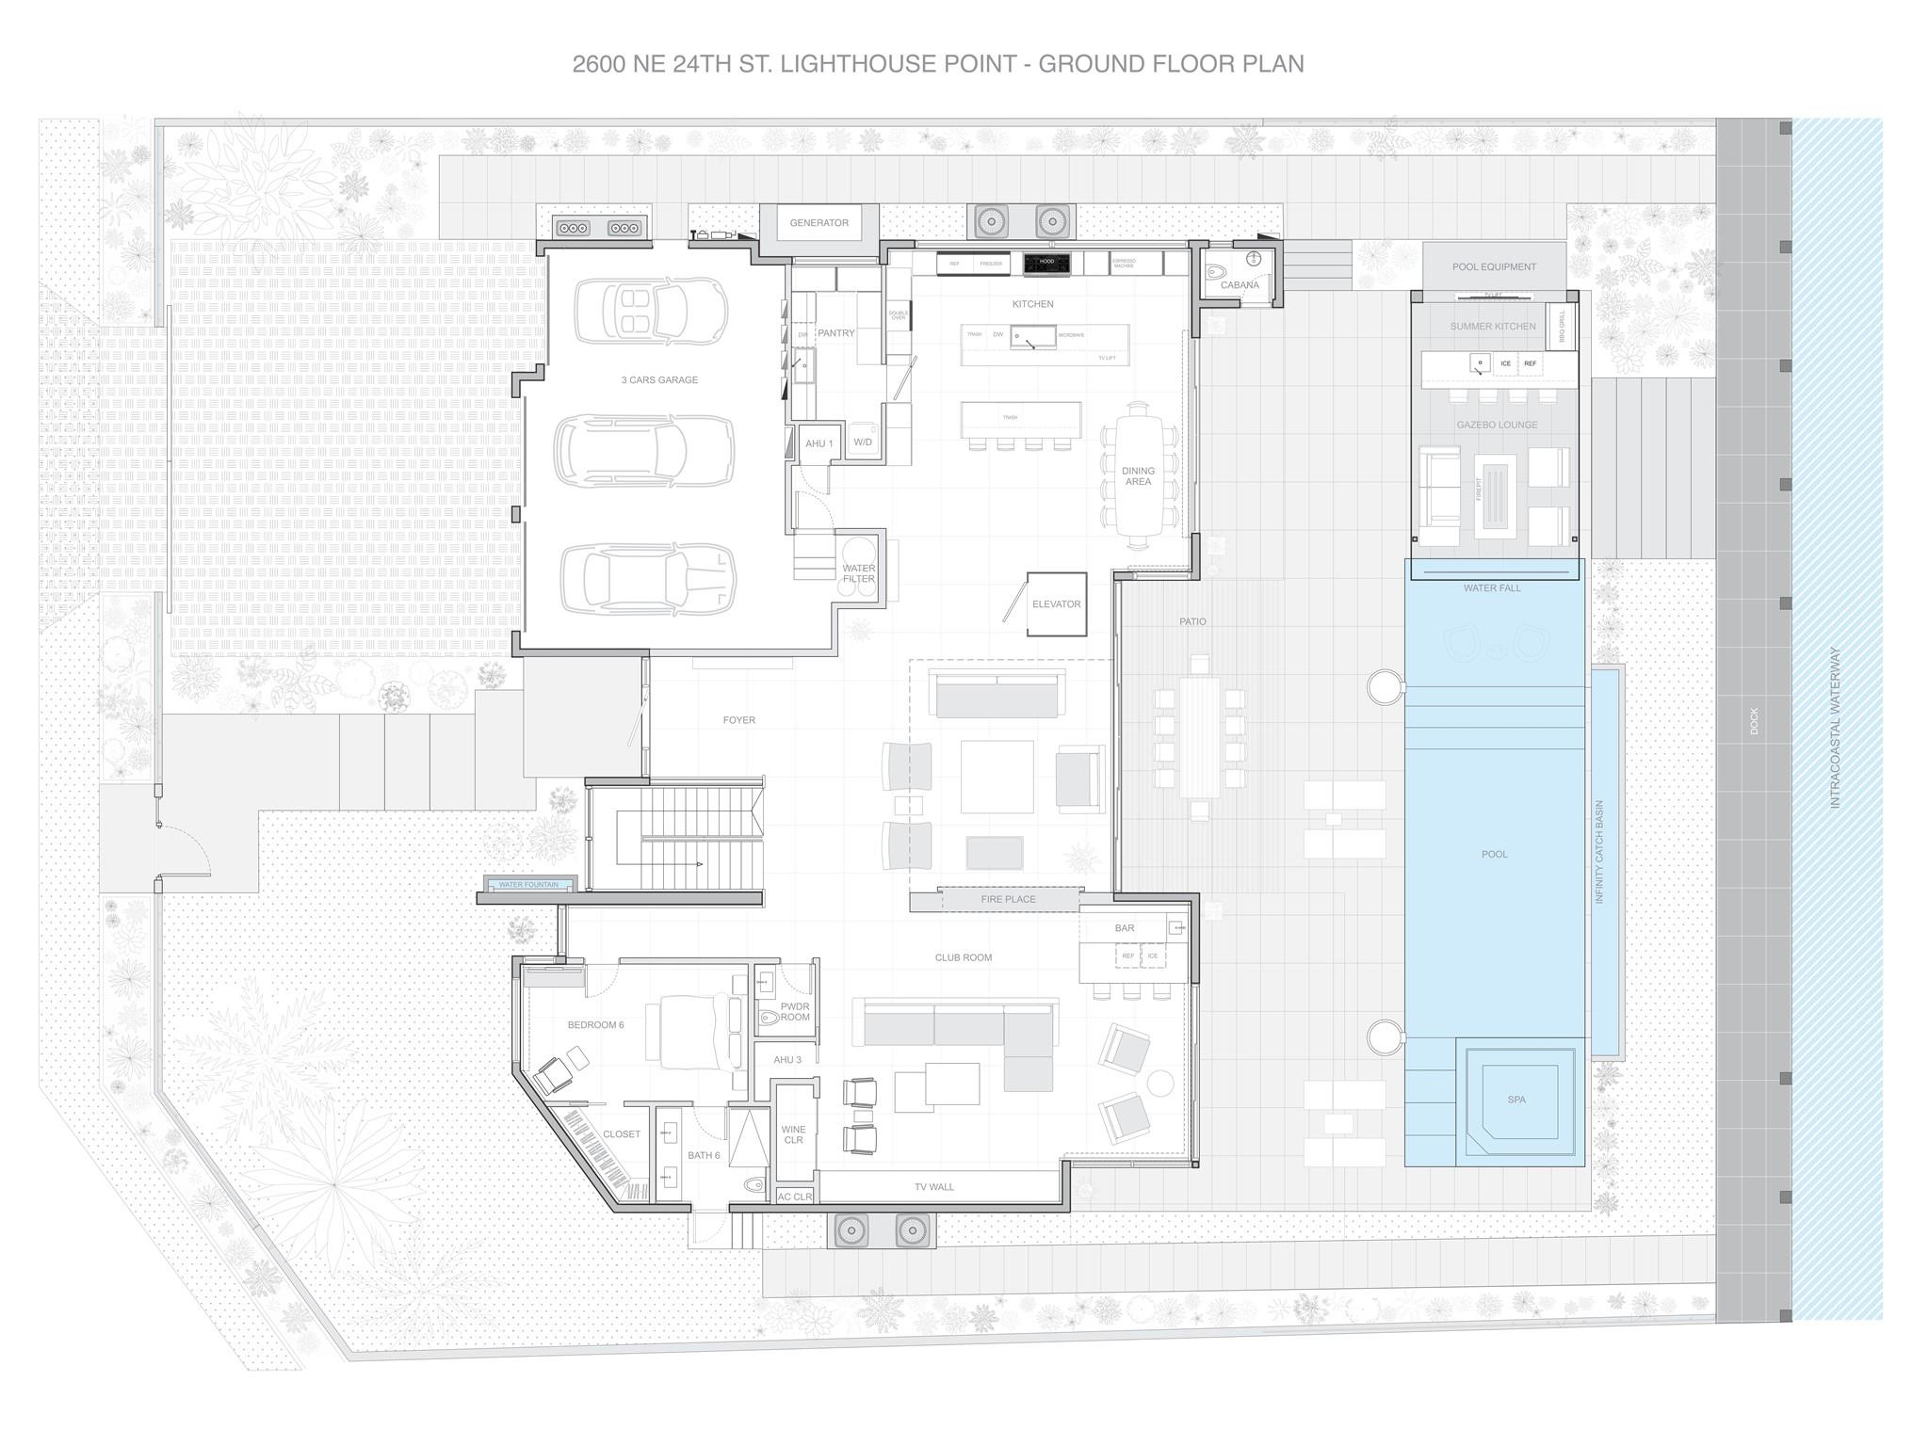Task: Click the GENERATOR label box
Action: pyautogui.click(x=819, y=223)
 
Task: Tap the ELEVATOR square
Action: pyautogui.click(x=1056, y=604)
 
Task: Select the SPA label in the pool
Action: pyautogui.click(x=1516, y=1100)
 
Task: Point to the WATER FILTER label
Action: pyautogui.click(x=859, y=573)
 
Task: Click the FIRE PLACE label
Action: pyautogui.click(x=1008, y=899)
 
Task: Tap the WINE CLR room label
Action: pyautogui.click(x=793, y=1134)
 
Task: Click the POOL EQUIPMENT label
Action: pyautogui.click(x=1494, y=266)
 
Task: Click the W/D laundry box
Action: pyautogui.click(x=863, y=442)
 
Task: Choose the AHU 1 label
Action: pyautogui.click(x=819, y=443)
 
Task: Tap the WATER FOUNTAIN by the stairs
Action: pyautogui.click(x=528, y=885)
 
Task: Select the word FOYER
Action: pyautogui.click(x=739, y=720)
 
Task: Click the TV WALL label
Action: pyautogui.click(x=933, y=1187)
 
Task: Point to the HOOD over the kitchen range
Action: pyautogui.click(x=1046, y=261)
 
